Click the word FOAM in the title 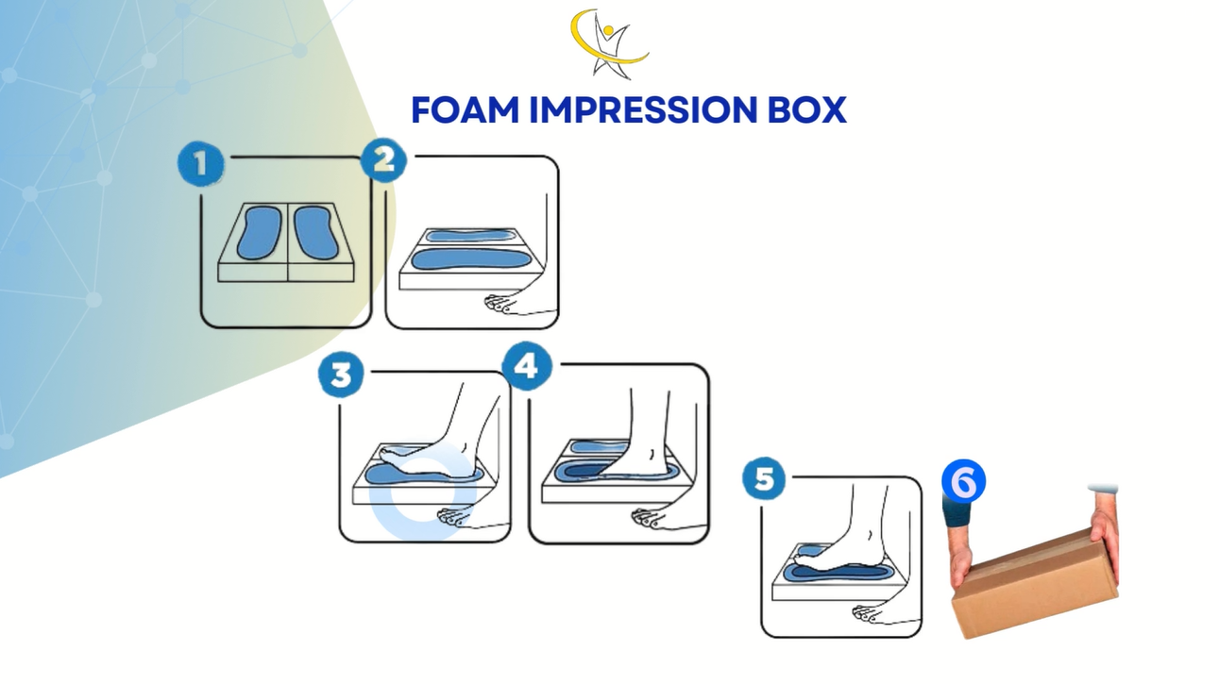(x=466, y=110)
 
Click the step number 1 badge (x=201, y=163)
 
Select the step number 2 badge (x=383, y=160)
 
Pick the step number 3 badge (x=341, y=375)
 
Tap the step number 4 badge (x=526, y=366)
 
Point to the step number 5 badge (x=764, y=479)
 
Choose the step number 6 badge (x=964, y=481)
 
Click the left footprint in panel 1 (x=260, y=232)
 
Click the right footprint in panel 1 (x=316, y=232)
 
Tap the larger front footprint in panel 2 (x=471, y=259)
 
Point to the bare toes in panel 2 (x=499, y=304)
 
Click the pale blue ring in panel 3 (x=423, y=490)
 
